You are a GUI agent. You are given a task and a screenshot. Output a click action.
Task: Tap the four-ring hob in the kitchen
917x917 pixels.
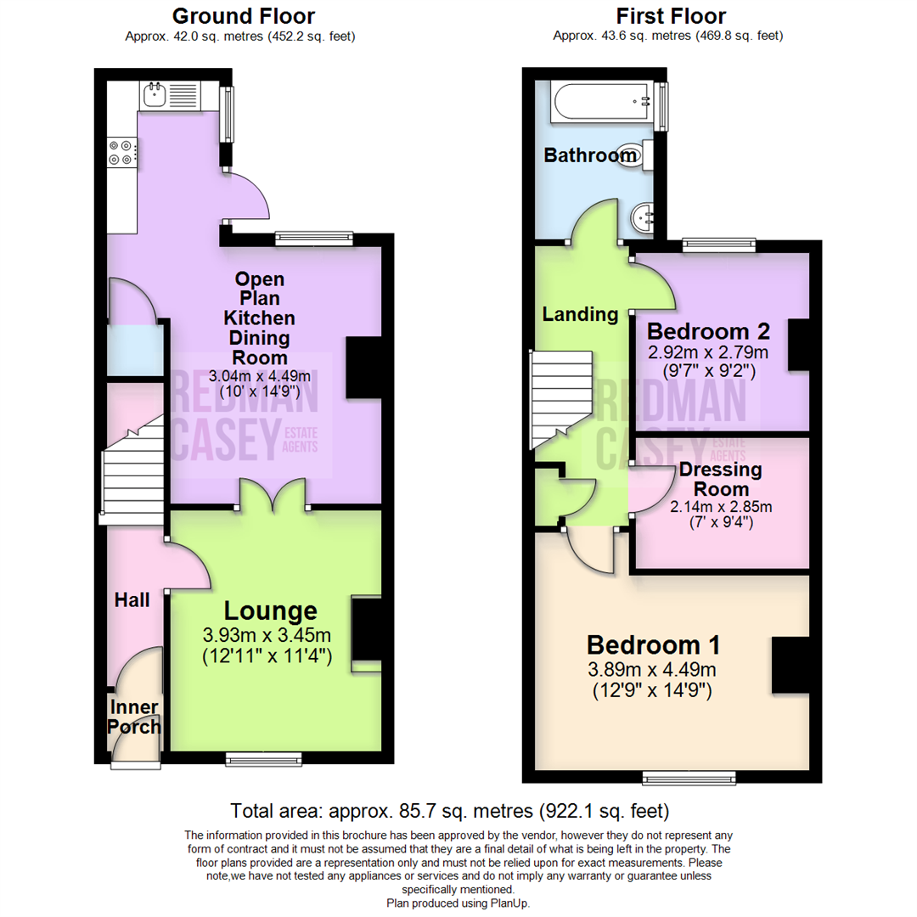coord(121,151)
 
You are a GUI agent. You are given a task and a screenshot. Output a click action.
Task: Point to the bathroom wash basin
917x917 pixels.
coord(642,219)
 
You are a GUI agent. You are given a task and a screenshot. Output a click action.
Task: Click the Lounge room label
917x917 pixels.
coord(270,610)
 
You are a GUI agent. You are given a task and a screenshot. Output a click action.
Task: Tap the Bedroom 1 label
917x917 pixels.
coord(652,642)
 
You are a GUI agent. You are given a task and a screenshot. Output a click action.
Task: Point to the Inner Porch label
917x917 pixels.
coord(135,717)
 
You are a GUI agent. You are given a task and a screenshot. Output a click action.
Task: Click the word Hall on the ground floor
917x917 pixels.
coord(132,600)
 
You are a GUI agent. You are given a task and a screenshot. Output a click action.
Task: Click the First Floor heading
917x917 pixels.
coord(672,15)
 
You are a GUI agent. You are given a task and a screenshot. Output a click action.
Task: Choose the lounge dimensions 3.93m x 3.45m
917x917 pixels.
coord(266,635)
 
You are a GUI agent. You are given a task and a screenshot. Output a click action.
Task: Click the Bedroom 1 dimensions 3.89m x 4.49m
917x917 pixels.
coord(652,669)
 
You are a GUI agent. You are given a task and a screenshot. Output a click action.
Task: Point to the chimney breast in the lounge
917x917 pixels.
coord(367,629)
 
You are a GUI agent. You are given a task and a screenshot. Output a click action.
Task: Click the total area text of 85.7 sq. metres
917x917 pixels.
coord(450,810)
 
